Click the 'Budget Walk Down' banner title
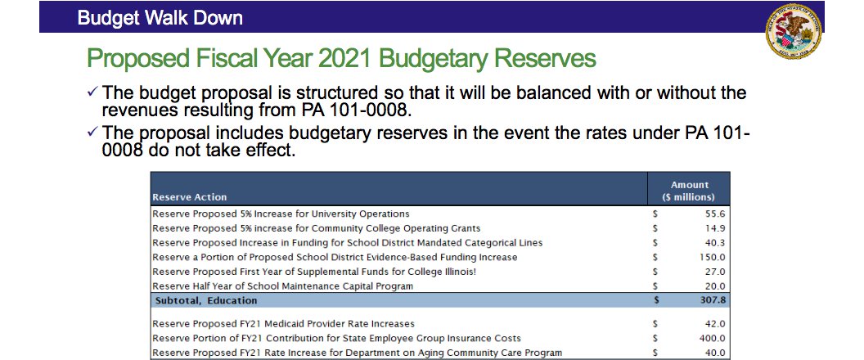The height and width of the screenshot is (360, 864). pyautogui.click(x=160, y=17)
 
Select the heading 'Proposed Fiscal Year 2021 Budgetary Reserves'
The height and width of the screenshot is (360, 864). pyautogui.click(x=340, y=60)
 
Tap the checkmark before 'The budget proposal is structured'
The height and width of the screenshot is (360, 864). pyautogui.click(x=92, y=94)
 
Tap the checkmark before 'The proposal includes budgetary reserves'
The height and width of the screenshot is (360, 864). pyautogui.click(x=92, y=134)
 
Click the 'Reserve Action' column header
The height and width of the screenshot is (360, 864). pyautogui.click(x=190, y=197)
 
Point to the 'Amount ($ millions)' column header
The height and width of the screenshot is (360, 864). pyautogui.click(x=689, y=191)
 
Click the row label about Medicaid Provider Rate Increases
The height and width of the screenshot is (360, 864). pyautogui.click(x=283, y=324)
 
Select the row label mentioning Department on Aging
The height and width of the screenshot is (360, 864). pyautogui.click(x=357, y=353)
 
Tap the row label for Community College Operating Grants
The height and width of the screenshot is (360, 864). pyautogui.click(x=316, y=227)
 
